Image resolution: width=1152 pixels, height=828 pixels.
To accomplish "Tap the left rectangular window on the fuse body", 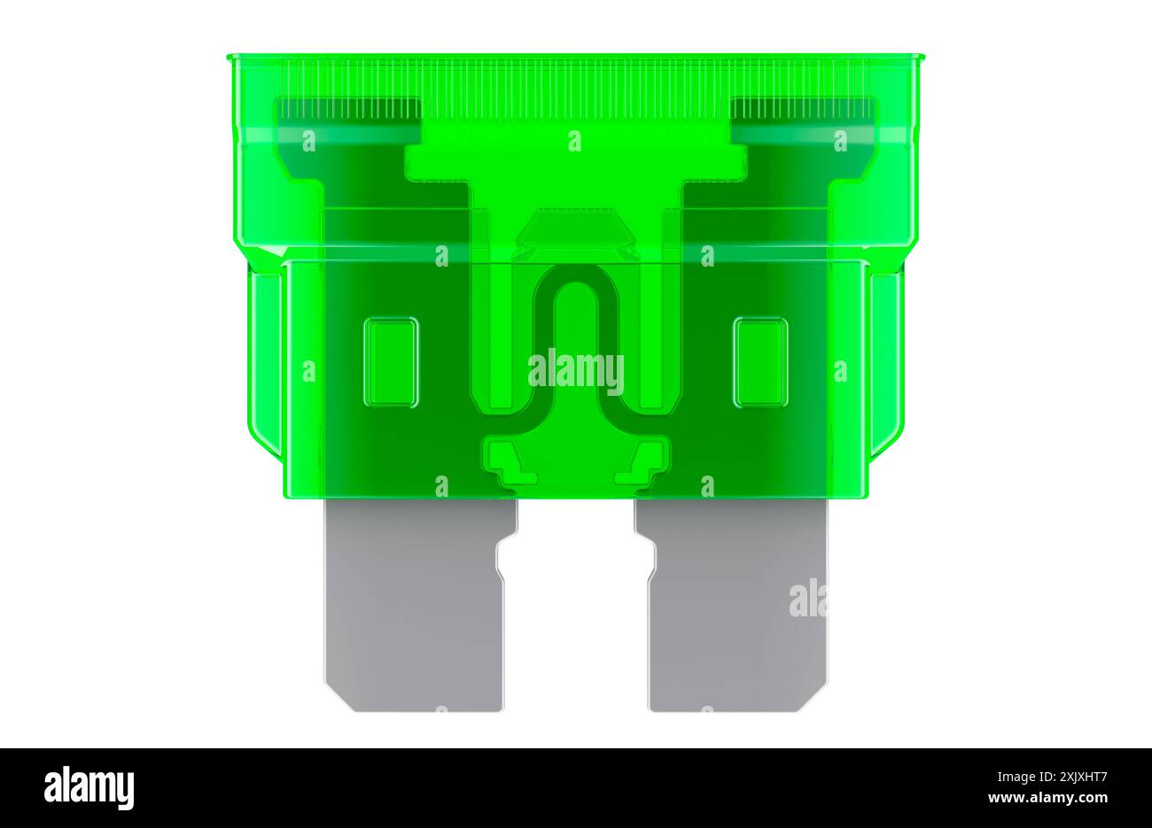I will pyautogui.click(x=391, y=362).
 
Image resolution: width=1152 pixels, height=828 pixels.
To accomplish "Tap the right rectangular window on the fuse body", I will pyautogui.click(x=760, y=362).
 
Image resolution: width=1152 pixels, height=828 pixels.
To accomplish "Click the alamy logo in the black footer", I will pyautogui.click(x=89, y=787).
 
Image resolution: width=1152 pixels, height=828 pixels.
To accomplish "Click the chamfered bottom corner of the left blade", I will pyautogui.click(x=336, y=700).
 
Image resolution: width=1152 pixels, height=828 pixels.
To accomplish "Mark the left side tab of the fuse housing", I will pyautogui.click(x=264, y=363).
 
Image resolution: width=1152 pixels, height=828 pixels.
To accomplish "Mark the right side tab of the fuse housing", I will pyautogui.click(x=887, y=363).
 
